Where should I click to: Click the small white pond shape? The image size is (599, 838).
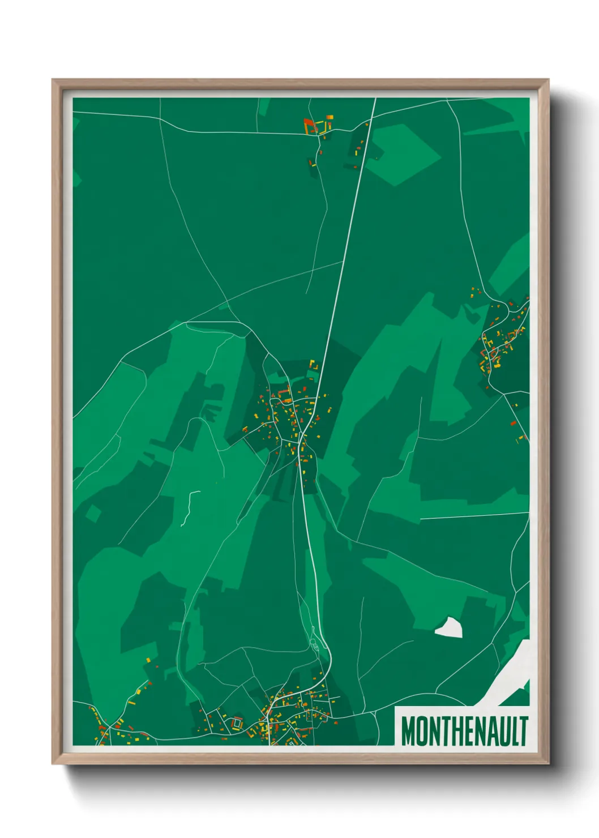pos(450,628)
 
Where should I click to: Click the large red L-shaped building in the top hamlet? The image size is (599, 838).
pos(309,124)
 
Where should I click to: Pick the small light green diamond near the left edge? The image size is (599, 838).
pos(93,514)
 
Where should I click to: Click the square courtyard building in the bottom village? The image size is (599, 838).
pos(236,722)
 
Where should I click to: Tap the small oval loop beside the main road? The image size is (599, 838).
pos(315,645)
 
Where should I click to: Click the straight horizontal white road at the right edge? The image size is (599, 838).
pos(474,516)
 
